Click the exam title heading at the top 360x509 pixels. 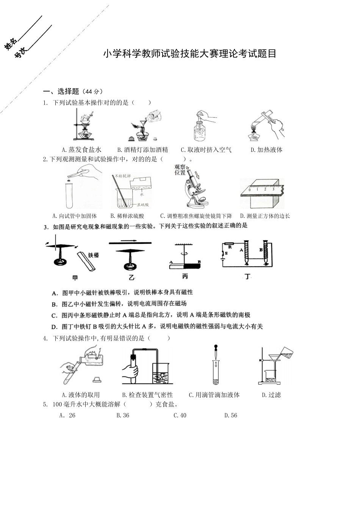[189, 54]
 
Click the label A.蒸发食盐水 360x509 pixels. [82, 150]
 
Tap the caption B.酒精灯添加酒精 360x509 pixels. [142, 150]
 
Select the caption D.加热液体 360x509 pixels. [266, 150]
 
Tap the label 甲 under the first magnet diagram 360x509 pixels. [75, 278]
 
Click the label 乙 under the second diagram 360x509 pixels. [131, 278]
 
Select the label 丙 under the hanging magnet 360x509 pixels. [185, 277]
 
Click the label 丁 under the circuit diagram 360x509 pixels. [247, 277]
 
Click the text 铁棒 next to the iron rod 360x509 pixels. [93, 255]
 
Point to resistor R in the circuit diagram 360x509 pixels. [230, 245]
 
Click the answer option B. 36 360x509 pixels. [123, 415]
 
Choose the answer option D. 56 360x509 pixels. [230, 415]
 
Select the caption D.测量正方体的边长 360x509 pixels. [265, 216]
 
